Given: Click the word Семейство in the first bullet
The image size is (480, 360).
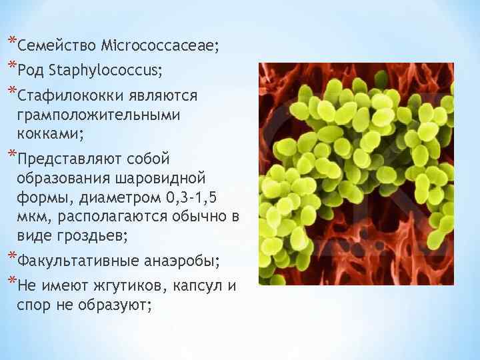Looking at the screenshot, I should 57,46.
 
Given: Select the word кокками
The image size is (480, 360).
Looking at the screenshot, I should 50,133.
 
